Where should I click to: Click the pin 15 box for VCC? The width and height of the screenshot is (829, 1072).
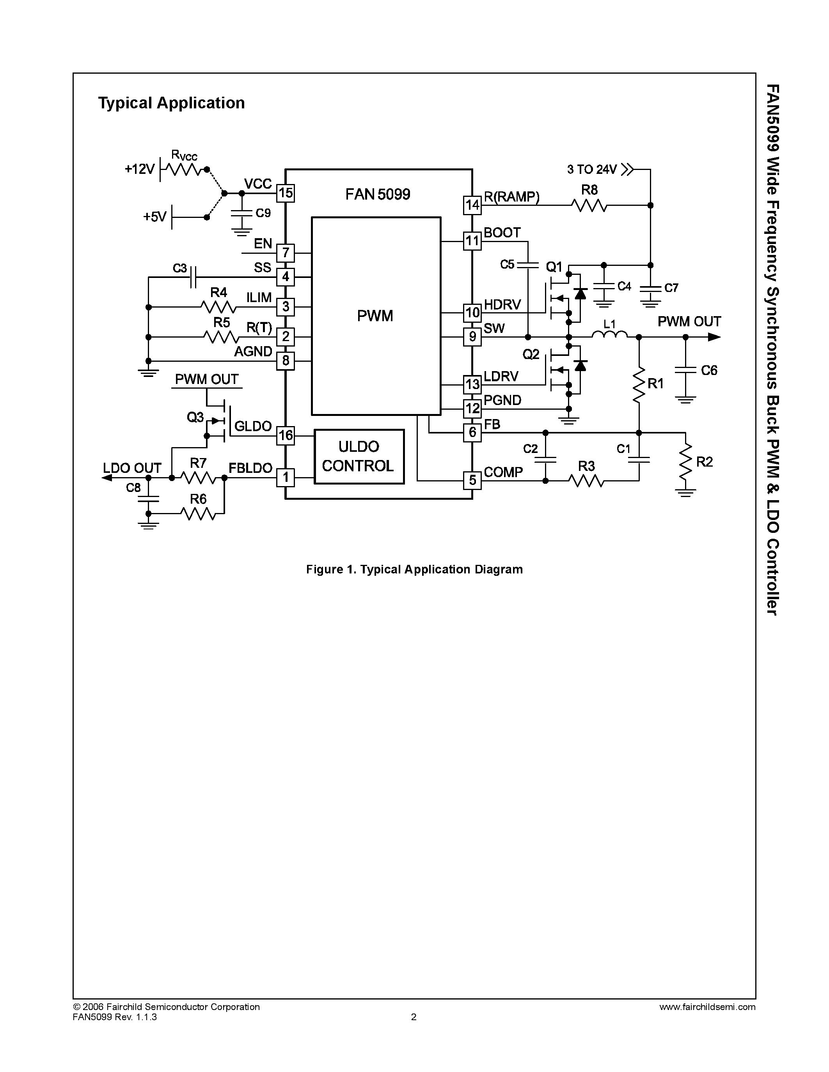point(285,193)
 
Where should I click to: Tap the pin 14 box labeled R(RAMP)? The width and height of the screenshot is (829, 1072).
point(472,205)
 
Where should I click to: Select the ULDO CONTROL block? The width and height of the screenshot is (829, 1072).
point(359,456)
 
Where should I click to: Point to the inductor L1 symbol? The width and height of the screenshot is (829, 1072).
point(609,335)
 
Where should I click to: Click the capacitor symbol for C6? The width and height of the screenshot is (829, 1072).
point(685,370)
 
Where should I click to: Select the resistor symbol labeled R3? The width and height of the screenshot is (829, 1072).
point(586,481)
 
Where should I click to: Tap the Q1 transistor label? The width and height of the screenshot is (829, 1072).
point(554,267)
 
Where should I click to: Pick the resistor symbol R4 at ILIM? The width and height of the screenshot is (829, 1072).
point(218,307)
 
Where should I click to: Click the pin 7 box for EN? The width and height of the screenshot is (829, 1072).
point(285,253)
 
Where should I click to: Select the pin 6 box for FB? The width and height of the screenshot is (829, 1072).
point(472,432)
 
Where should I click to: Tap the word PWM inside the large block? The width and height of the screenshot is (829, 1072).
point(375,316)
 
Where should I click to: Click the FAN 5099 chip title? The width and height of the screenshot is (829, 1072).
point(378,195)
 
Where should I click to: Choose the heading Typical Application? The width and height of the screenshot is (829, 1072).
point(171,103)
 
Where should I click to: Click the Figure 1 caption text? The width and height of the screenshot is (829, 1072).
point(414,570)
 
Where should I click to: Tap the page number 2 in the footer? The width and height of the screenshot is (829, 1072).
point(414,1017)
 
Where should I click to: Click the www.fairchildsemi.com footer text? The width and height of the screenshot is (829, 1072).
point(707,1007)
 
